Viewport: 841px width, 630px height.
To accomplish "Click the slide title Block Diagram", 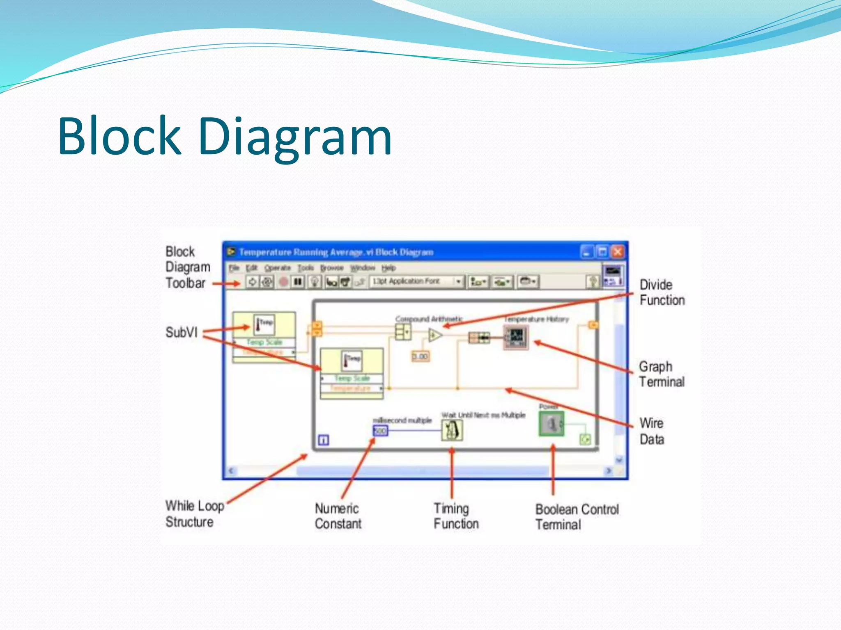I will click(x=225, y=137).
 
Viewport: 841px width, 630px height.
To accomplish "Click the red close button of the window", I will click(x=618, y=251).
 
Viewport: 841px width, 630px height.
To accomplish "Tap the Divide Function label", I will click(x=662, y=292).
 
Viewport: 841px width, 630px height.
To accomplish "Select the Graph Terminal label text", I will click(x=661, y=374).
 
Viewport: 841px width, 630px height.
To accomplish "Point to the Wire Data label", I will click(x=652, y=431).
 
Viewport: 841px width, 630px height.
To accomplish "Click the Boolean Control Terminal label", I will click(x=577, y=517).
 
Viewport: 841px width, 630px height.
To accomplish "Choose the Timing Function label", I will click(x=456, y=516).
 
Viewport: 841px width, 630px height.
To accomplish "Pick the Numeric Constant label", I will click(x=338, y=516).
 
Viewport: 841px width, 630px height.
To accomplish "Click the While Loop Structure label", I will click(x=195, y=514).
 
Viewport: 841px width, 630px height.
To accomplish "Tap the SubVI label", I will click(x=181, y=332).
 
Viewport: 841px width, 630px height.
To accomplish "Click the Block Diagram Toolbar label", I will click(x=187, y=267).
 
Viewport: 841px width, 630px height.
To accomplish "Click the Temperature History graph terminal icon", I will click(x=516, y=338).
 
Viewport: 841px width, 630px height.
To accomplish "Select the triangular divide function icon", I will click(x=435, y=335).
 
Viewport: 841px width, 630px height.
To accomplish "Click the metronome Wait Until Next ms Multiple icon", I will click(x=452, y=431).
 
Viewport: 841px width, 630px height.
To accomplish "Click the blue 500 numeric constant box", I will click(x=380, y=431).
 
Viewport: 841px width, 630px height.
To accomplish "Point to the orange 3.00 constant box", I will click(x=420, y=356).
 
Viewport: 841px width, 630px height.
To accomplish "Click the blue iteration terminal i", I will click(x=324, y=441).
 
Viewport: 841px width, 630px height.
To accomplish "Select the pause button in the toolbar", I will click(x=298, y=282).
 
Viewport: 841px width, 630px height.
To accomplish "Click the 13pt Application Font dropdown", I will click(x=416, y=281).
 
